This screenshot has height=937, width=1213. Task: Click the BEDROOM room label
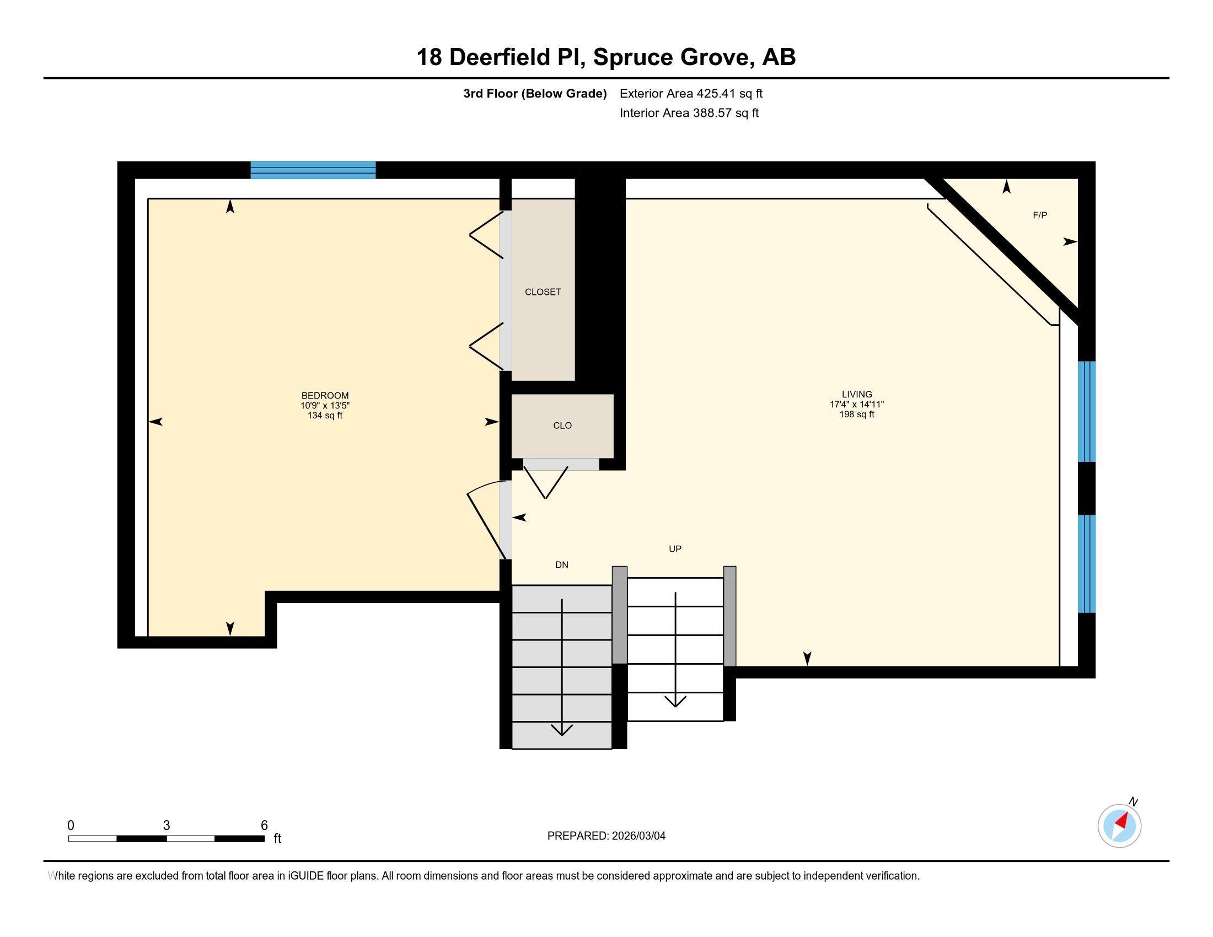click(x=325, y=396)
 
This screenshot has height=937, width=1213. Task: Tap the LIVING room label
click(x=856, y=395)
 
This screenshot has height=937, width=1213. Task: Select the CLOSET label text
click(x=543, y=292)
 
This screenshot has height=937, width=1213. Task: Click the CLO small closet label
click(x=562, y=426)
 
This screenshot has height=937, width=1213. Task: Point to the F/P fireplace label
click(x=1040, y=216)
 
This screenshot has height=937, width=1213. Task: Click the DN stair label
click(x=561, y=565)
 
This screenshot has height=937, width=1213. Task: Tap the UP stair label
click(x=675, y=549)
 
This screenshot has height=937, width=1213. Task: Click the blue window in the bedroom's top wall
click(x=313, y=170)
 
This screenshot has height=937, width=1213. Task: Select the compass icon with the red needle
click(x=1119, y=826)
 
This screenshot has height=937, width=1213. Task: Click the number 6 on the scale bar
click(x=264, y=825)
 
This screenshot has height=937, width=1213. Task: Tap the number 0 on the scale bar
click(x=71, y=825)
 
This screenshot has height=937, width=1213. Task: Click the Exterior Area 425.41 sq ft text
click(x=691, y=94)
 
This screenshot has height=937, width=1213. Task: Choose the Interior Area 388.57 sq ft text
click(x=689, y=113)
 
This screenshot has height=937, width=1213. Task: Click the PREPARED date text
click(x=606, y=836)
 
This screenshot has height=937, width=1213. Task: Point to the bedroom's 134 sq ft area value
click(x=325, y=415)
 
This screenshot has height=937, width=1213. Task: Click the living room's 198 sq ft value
click(x=856, y=414)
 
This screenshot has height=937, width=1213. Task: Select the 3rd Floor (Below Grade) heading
click(x=535, y=94)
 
